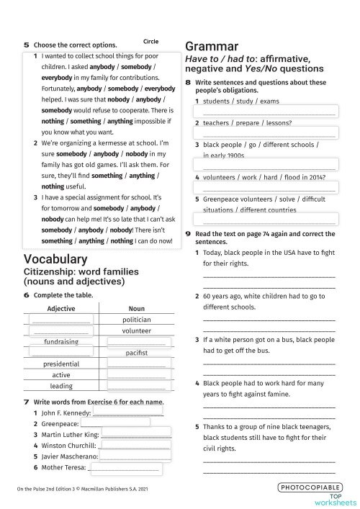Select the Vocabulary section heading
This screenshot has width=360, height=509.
pos(55,259)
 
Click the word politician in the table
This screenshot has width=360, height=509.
pos(137,319)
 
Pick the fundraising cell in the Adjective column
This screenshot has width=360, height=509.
pos(61,341)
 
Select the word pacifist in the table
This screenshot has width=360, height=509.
pos(137,353)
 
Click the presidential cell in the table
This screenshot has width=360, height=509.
pos(61,364)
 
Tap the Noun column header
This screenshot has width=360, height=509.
pos(137,308)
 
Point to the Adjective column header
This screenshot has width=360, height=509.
pos(61,308)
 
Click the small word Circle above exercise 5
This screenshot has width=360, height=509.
pos(150,42)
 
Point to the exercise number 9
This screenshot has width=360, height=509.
pos(188,234)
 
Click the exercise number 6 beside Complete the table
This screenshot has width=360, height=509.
pos(27,295)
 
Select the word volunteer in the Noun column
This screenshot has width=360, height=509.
pos(137,330)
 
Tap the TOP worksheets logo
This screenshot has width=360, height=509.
pos(336,499)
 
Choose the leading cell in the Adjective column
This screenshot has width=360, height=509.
pos(61,386)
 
